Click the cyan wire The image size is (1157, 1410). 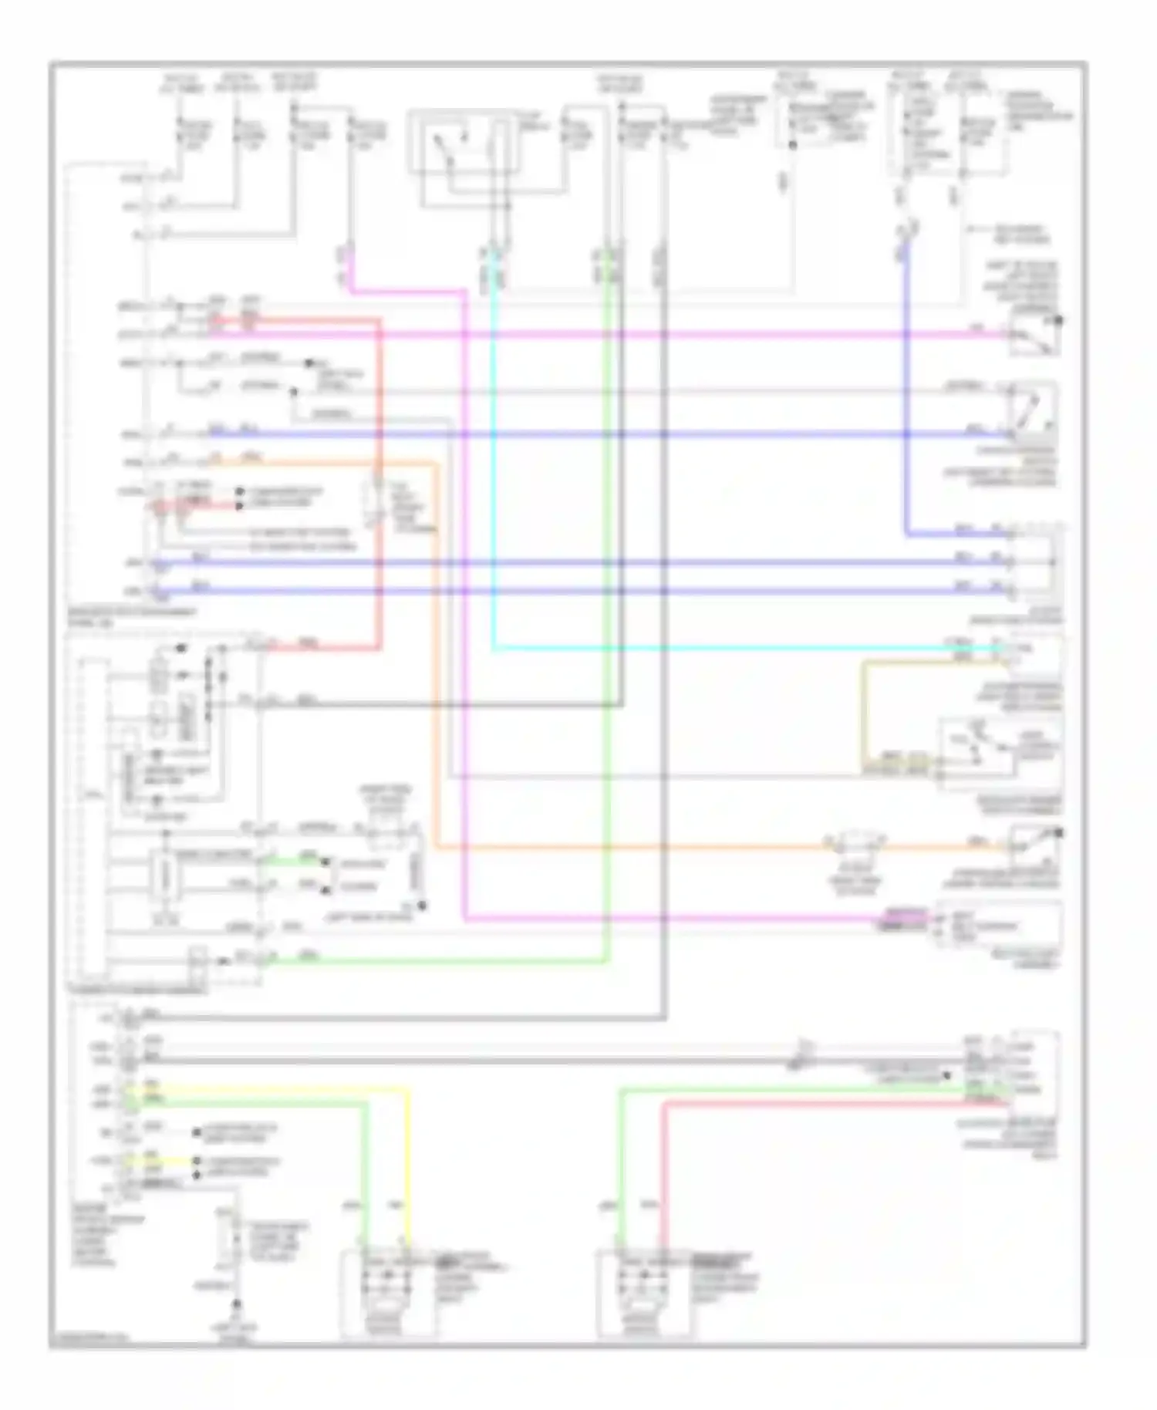pyautogui.click(x=694, y=648)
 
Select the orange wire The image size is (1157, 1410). pyautogui.click(x=617, y=848)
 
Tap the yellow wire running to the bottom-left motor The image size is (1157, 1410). pyautogui.click(x=406, y=1157)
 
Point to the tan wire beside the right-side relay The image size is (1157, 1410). pyautogui.click(x=864, y=717)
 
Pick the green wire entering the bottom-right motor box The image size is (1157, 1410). pyautogui.click(x=621, y=1172)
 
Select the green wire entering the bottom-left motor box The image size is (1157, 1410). pyautogui.click(x=367, y=1172)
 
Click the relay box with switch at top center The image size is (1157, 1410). pyautogui.click(x=460, y=158)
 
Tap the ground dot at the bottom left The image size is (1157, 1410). pyautogui.click(x=237, y=1304)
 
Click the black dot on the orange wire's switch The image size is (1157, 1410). pyautogui.click(x=1060, y=832)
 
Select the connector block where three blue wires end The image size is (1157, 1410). pyautogui.click(x=1037, y=563)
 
